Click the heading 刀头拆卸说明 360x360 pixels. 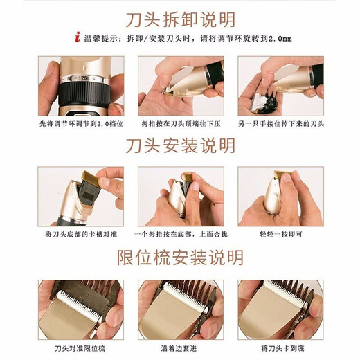[181, 19]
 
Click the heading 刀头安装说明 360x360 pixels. [181, 145]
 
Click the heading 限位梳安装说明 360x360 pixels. [181, 258]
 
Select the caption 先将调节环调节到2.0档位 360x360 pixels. [81, 123]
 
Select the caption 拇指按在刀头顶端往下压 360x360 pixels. [180, 123]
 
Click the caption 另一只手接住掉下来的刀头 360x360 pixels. [280, 123]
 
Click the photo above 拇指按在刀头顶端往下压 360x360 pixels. [180, 86]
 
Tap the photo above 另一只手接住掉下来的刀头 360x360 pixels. [280, 86]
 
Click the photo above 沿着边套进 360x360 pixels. [180, 309]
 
